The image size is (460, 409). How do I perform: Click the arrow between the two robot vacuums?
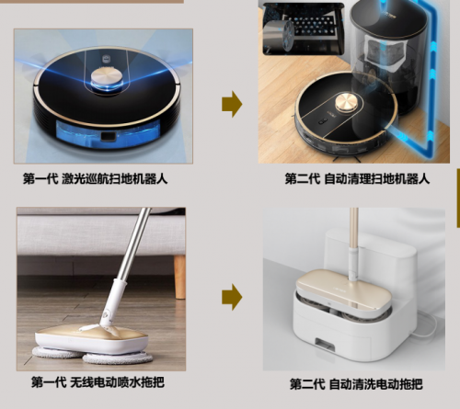click(232, 104)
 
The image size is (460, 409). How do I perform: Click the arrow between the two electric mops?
click(232, 297)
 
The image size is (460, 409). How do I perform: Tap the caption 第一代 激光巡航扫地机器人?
click(96, 178)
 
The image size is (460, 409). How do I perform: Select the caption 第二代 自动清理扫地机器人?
click(357, 178)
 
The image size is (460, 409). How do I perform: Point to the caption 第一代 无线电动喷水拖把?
click(98, 382)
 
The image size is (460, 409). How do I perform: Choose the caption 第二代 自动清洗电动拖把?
click(356, 384)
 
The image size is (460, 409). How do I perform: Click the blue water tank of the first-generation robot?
click(108, 134)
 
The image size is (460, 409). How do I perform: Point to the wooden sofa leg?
click(179, 277)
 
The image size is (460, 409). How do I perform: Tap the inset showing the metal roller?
click(303, 28)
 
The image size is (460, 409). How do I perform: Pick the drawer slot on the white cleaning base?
click(325, 345)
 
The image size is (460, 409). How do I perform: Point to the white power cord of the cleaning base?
click(426, 324)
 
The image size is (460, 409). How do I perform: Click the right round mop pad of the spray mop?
click(118, 358)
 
